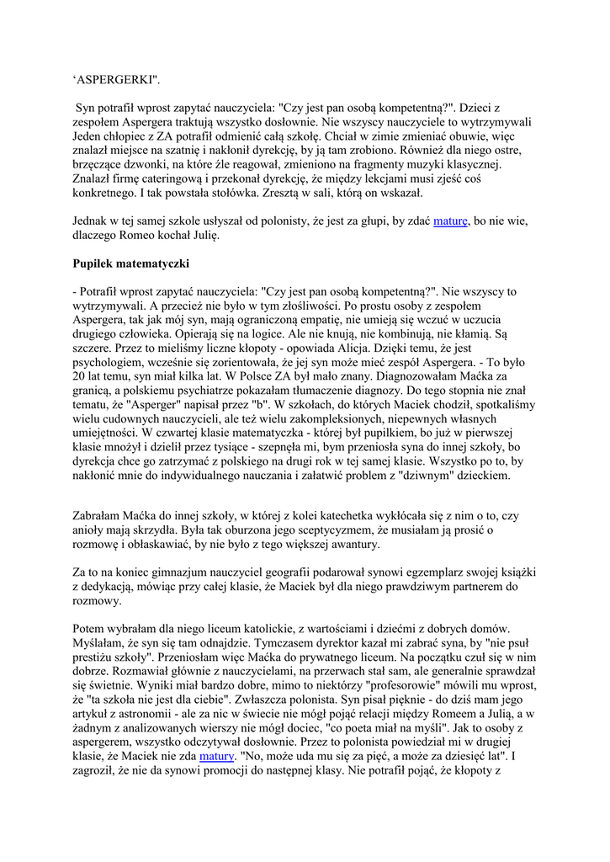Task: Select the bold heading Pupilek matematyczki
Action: (x=131, y=263)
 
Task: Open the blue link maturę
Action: (x=451, y=221)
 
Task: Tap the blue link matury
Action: (x=215, y=757)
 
